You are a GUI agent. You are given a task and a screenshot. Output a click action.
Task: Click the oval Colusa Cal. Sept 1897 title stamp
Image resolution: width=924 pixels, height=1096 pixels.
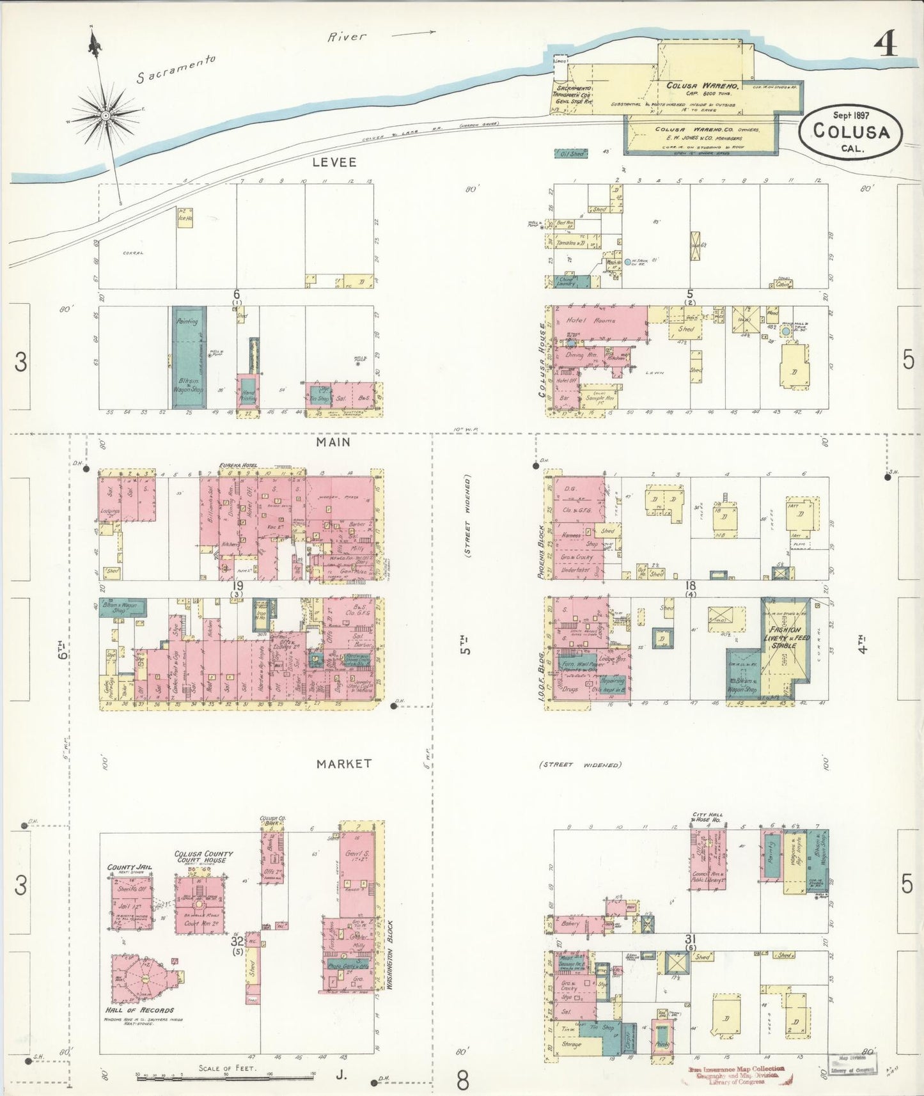pos(851,131)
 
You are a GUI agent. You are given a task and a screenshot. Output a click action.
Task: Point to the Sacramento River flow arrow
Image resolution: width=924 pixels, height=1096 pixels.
pos(414,33)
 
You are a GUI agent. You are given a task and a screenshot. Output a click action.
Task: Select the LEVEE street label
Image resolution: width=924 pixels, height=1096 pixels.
pos(334,162)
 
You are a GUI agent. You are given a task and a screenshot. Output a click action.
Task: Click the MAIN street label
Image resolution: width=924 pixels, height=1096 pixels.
pos(334,442)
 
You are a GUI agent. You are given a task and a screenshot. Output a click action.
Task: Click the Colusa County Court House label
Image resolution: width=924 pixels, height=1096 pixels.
pos(203,857)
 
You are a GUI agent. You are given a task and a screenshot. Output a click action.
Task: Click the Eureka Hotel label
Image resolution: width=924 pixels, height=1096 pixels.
pos(238,466)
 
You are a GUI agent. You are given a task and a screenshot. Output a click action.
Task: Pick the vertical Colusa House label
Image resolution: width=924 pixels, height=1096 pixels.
pos(542,360)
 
